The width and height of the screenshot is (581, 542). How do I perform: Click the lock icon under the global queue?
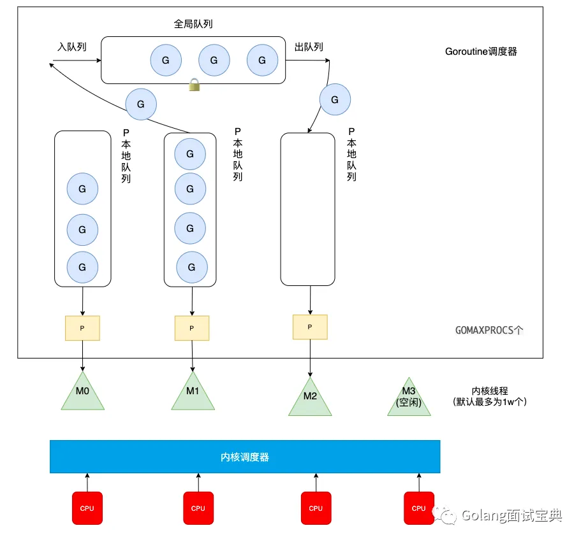[195, 85]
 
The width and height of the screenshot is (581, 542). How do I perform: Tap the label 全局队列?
[193, 24]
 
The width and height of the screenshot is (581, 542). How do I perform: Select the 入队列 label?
[71, 47]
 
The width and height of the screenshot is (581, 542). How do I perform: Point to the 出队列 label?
[309, 47]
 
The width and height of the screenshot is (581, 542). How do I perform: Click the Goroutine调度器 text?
[481, 52]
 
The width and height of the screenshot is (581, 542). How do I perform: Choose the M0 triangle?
[83, 393]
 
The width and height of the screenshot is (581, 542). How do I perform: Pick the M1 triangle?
[193, 393]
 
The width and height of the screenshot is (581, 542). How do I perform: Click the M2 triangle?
[310, 398]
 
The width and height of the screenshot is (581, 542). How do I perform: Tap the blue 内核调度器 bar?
[245, 457]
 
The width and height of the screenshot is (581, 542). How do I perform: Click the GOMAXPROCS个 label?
[490, 331]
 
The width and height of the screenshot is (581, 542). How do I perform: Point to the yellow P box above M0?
[82, 328]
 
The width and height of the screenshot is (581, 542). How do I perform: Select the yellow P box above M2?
[310, 327]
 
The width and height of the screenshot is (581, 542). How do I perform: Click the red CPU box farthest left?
[87, 508]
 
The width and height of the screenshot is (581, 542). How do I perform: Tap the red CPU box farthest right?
[418, 508]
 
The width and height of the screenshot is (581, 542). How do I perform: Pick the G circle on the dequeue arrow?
[334, 99]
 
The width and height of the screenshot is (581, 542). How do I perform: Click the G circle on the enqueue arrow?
[141, 104]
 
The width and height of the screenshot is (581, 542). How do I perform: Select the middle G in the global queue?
[214, 61]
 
